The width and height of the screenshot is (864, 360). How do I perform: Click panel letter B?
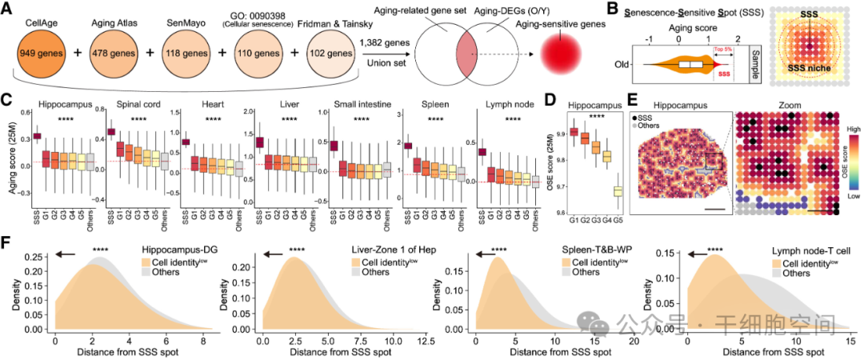click(613, 10)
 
